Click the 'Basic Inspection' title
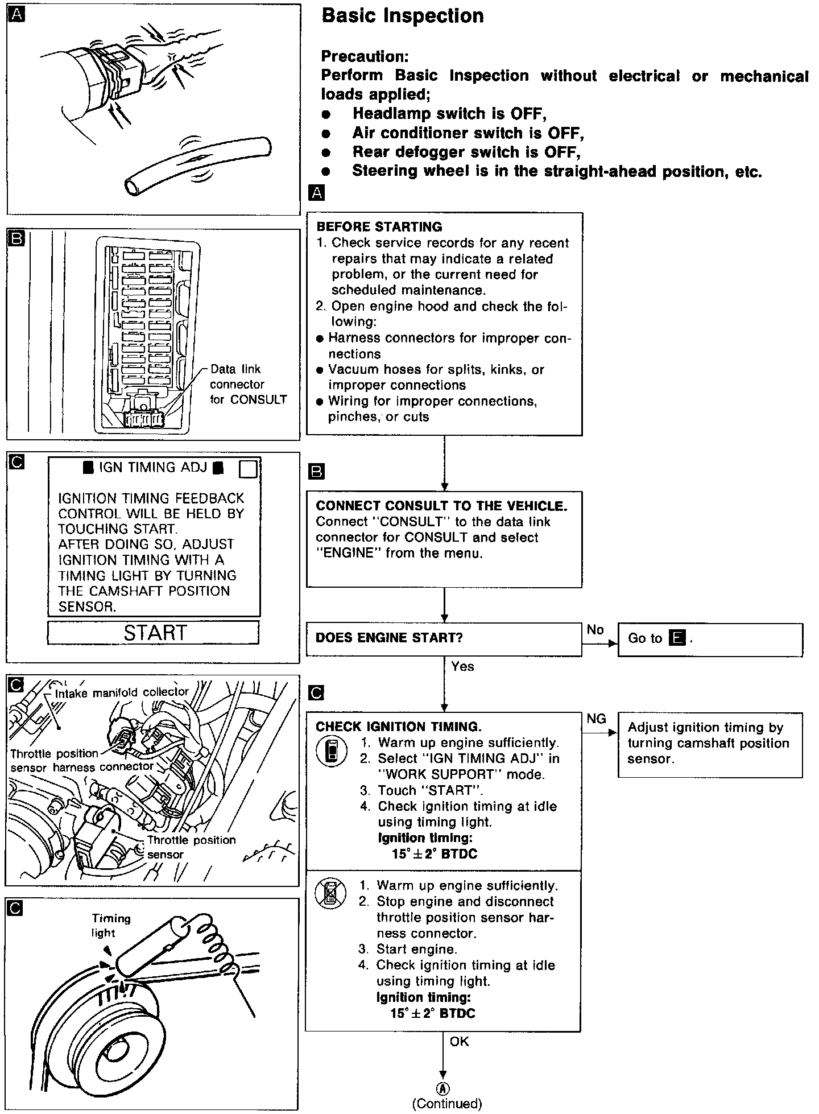click(x=403, y=16)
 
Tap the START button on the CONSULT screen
click(x=153, y=633)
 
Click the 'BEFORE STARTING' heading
click(x=379, y=227)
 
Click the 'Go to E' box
click(x=710, y=639)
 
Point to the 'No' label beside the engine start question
click(x=595, y=629)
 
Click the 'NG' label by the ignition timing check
click(x=596, y=719)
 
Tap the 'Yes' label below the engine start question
click(x=462, y=666)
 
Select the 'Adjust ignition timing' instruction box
click(x=710, y=744)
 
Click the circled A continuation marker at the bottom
click(x=443, y=1088)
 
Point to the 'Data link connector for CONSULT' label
click(x=248, y=385)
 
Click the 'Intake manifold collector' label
click(x=122, y=692)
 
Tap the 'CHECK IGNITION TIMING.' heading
click(x=399, y=727)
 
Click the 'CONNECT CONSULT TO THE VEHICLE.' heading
click(x=441, y=506)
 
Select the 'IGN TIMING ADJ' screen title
click(x=154, y=468)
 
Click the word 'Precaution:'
click(x=365, y=56)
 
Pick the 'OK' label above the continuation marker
click(x=459, y=1041)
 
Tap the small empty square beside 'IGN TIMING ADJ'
click(x=249, y=469)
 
